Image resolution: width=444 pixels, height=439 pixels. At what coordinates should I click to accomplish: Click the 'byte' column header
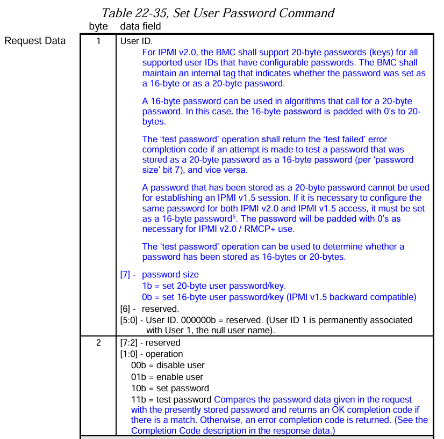point(98,26)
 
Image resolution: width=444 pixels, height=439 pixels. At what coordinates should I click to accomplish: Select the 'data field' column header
point(140,26)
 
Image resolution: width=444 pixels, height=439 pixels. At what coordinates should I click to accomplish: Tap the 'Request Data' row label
point(35,41)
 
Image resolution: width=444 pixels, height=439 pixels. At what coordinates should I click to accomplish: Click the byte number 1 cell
point(98,41)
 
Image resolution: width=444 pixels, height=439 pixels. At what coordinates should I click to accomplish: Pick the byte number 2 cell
point(98,342)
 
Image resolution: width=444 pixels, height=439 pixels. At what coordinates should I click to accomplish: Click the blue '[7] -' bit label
point(127,275)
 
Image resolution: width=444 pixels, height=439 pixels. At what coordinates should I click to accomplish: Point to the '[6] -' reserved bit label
point(127,309)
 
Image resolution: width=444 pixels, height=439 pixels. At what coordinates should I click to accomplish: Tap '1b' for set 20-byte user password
point(147,286)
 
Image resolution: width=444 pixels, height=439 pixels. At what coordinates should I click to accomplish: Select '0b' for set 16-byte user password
point(147,297)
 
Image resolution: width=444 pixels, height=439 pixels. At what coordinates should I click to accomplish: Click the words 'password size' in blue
point(170,275)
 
